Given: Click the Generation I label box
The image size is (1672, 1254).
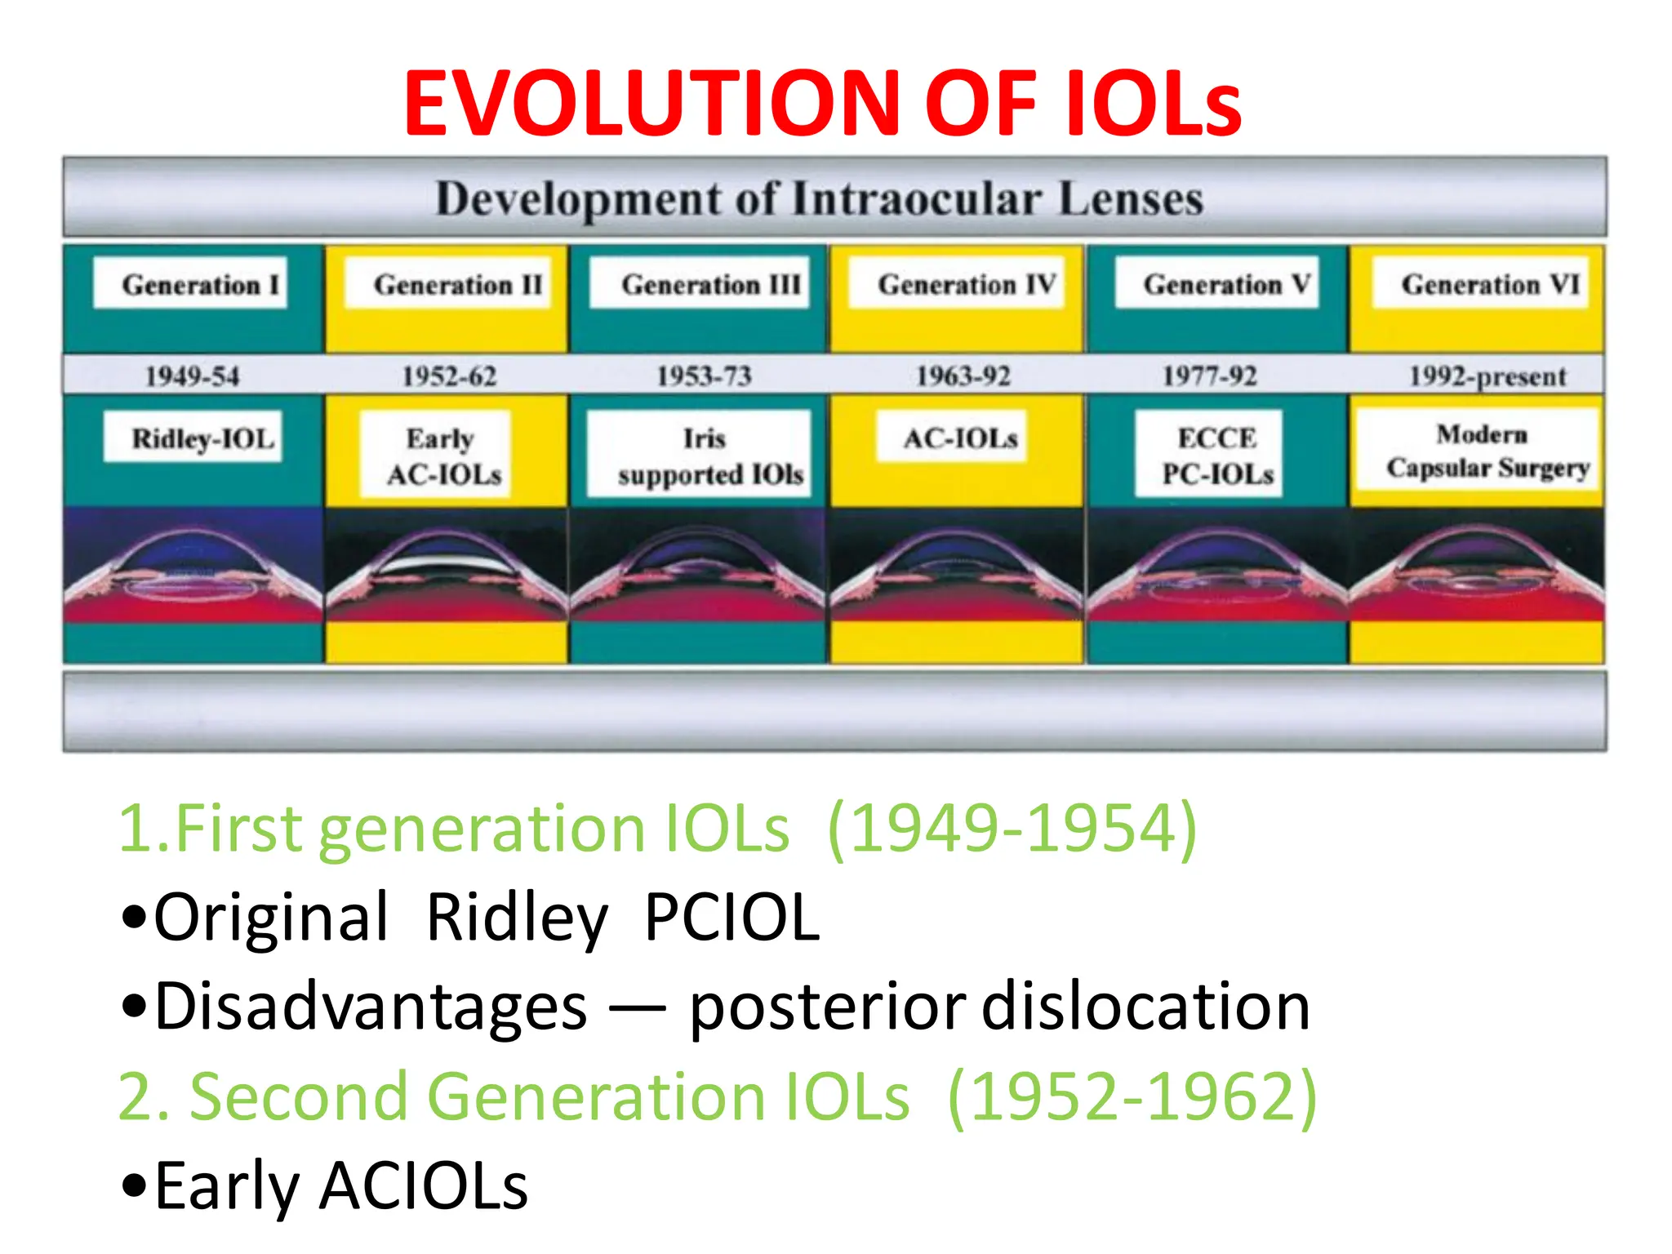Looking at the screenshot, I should coord(190,283).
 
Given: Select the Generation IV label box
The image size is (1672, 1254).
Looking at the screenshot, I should coord(956,283).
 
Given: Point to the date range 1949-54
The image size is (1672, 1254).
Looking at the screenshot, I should coord(192,376).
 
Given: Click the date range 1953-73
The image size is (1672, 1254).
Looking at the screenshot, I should coord(704,376).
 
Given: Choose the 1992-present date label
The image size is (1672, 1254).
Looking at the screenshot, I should coord(1487,376).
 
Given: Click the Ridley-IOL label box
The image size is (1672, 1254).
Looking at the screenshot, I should coord(193,438).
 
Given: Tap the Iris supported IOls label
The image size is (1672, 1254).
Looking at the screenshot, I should coord(700,456).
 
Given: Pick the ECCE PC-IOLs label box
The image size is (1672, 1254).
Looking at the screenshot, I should coord(1209,455).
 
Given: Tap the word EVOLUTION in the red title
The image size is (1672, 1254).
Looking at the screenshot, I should coord(651,104).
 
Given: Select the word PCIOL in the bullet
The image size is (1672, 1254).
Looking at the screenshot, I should coord(731,918).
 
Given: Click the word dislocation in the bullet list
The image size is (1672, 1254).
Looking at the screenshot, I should coord(1145,1007).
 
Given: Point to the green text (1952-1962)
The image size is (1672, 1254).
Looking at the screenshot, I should coord(1132,1096).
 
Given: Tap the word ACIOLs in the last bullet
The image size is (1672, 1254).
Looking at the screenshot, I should coord(424,1186).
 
